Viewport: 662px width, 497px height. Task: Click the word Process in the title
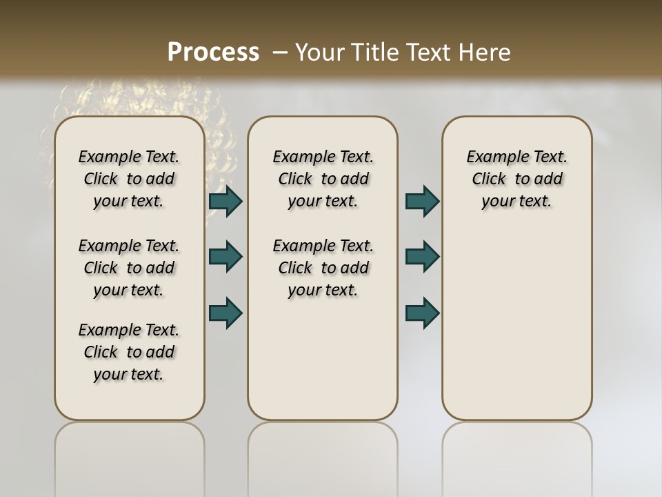(213, 52)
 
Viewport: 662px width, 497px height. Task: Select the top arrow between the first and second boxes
(225, 201)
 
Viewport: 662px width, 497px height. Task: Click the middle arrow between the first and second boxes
(225, 257)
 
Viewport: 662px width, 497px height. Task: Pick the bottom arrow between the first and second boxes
(225, 312)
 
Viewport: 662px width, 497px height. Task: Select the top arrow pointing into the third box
(422, 201)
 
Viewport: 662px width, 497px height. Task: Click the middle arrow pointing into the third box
(422, 257)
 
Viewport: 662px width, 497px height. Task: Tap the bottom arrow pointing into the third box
(422, 312)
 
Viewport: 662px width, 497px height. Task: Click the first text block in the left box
(129, 179)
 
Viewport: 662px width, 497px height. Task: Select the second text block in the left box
(129, 268)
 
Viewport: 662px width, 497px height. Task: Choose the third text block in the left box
(129, 352)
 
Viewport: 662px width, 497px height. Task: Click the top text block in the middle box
(323, 179)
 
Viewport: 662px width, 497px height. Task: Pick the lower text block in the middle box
(323, 268)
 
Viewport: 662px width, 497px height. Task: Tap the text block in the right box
(516, 179)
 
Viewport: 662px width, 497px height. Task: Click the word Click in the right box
(489, 179)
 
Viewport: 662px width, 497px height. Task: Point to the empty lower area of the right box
(516, 324)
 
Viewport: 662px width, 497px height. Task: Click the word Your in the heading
(319, 52)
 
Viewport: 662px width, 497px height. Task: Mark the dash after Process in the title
(280, 52)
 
